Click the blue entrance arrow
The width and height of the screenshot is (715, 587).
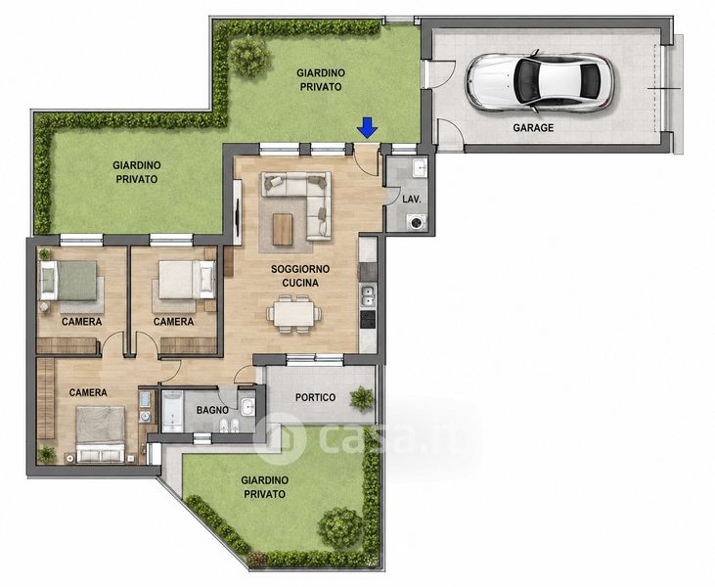click(367, 127)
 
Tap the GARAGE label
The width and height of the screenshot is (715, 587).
click(533, 128)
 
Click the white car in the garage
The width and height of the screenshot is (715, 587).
click(539, 82)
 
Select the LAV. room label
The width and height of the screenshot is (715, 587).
click(412, 200)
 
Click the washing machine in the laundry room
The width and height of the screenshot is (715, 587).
click(418, 222)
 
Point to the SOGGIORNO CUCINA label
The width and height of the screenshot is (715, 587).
click(300, 276)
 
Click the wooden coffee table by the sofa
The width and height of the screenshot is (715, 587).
click(283, 229)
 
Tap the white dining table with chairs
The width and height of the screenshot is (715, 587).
click(294, 314)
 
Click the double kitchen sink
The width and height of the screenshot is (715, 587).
click(367, 295)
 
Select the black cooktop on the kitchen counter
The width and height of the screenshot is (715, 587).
click(368, 319)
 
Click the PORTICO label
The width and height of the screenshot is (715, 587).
click(315, 398)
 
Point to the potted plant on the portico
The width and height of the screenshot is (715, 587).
click(362, 398)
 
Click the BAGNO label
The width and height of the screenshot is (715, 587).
click(212, 411)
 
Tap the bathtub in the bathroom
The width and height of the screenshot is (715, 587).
click(172, 411)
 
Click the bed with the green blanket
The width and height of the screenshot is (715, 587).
click(68, 280)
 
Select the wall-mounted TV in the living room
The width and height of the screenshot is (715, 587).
click(238, 212)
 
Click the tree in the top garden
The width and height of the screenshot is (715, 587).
click(249, 56)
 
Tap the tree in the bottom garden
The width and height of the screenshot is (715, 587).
click(340, 527)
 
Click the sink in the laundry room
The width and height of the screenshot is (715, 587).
click(419, 168)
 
